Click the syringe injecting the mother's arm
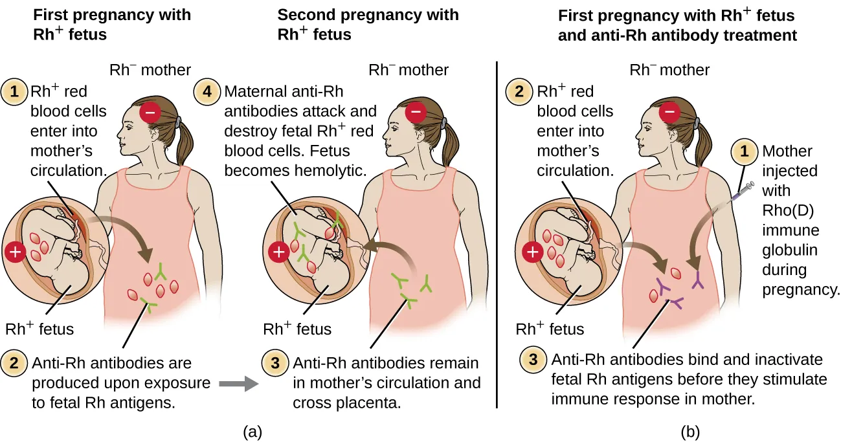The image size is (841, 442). pos(741,192)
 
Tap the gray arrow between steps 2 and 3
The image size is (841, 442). pos(239,384)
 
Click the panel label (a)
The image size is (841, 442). pos(252,432)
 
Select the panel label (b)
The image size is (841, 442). pos(690,432)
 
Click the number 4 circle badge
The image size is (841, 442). pos(207,92)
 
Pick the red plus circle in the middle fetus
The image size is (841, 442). pos(278,252)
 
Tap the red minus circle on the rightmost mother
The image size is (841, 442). pos(669,112)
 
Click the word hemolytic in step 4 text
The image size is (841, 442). pos(330,171)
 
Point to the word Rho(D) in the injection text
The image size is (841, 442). pos(788,210)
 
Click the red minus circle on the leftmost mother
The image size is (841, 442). pos(150,112)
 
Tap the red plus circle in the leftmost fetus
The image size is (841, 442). pos(15,252)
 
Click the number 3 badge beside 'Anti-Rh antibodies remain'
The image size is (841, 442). pos(275,363)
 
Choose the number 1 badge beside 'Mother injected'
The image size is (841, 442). pos(744,151)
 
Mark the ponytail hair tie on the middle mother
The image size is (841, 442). pos(444,123)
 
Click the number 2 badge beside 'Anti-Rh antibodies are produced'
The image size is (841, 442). pos(14,363)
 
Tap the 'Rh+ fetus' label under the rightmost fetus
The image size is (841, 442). pos(550,328)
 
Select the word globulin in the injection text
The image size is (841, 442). pos(790,250)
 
